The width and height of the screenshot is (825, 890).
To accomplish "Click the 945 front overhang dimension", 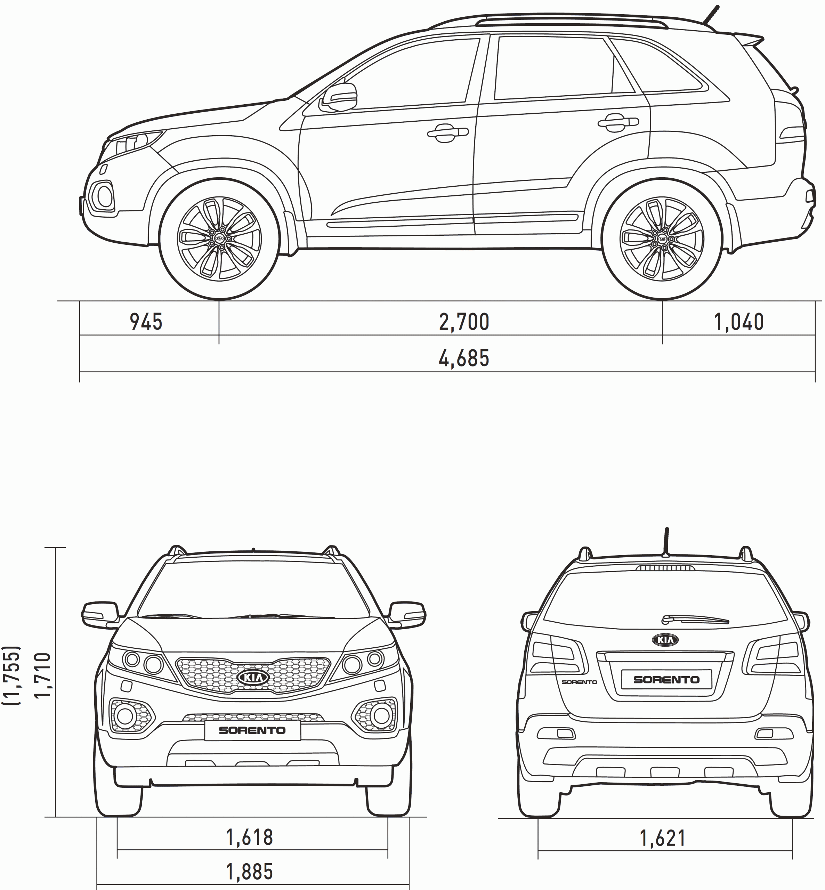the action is (146, 322).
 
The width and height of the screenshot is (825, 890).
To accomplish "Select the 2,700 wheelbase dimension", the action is (464, 322).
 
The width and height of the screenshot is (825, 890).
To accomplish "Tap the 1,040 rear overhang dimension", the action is (739, 322).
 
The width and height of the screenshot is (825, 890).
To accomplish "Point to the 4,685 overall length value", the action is (464, 358).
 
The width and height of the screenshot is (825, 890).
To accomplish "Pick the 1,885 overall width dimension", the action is (250, 872).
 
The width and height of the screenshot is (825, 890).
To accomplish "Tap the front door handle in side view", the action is (448, 132).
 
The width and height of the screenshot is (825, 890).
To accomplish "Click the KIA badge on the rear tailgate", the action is (665, 640).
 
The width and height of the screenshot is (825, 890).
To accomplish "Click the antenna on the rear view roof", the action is (666, 542).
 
